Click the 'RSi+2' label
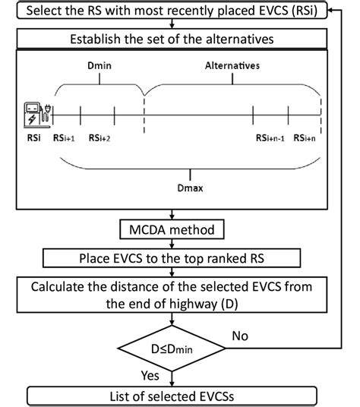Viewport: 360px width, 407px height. [101, 138]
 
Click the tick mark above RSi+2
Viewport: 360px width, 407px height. [114, 115]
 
